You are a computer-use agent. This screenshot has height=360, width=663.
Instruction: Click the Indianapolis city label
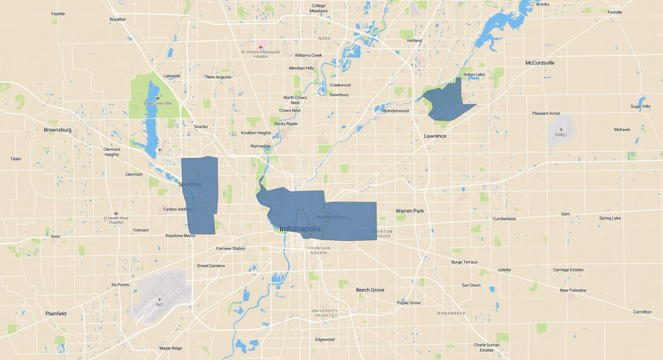[300, 229]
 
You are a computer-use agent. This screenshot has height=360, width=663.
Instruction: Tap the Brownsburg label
[57, 129]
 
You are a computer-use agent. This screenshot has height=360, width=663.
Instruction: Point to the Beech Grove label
[370, 290]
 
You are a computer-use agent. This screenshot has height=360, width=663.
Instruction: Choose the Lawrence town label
[435, 136]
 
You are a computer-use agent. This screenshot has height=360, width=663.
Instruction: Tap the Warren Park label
[409, 211]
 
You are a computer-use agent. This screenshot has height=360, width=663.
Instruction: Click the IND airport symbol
[160, 299]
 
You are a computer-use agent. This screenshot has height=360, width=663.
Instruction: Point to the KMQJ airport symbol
[561, 129]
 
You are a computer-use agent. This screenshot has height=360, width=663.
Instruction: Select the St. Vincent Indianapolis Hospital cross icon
[260, 47]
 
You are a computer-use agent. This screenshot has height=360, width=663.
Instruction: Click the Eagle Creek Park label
[158, 103]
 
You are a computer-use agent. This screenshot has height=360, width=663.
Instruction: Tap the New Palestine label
[573, 290]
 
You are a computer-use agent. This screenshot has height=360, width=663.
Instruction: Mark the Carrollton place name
[642, 312]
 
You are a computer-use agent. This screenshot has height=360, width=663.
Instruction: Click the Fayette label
[58, 14]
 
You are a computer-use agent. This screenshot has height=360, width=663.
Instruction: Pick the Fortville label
[614, 12]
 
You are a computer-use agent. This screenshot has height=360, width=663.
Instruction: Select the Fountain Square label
[319, 250]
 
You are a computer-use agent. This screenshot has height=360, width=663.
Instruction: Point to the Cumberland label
[503, 219]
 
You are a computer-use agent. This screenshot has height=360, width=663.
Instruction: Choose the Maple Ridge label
[170, 348]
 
